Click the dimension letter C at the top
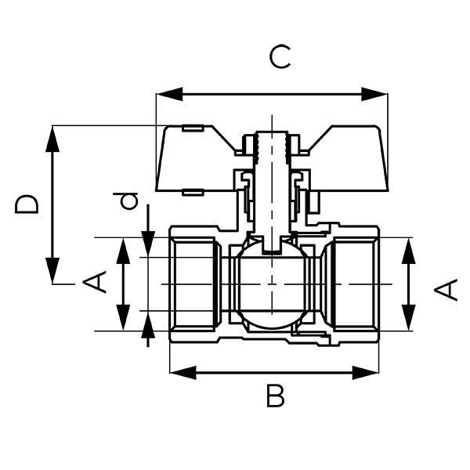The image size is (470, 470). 280,57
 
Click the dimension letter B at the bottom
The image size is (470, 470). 275,396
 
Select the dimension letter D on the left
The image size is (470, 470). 28,204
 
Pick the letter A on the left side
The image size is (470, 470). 96,282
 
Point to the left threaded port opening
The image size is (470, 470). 194,284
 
